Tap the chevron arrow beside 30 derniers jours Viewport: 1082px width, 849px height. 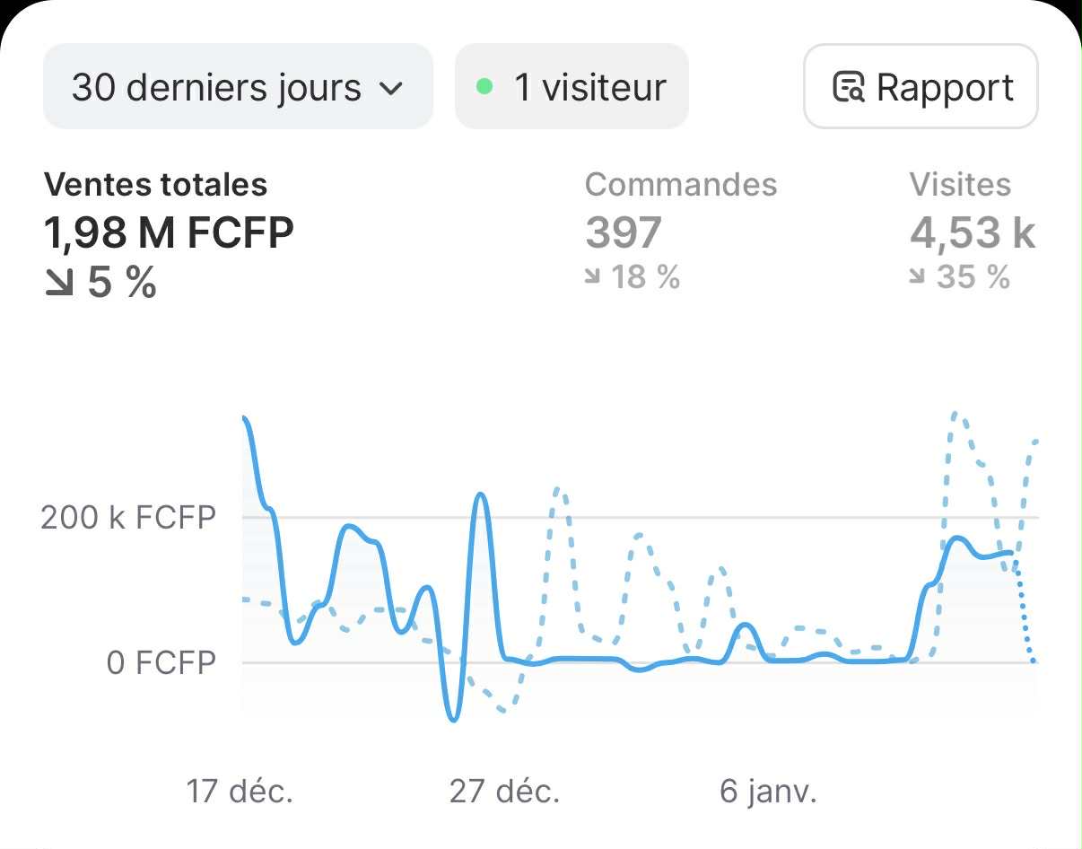(390, 89)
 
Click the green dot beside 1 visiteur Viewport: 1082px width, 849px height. (484, 87)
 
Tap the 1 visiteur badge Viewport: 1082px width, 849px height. (572, 87)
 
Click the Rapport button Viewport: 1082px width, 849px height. (921, 87)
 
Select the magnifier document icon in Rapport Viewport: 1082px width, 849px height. (849, 88)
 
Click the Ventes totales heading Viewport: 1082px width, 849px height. (155, 185)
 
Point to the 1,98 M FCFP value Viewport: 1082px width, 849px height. (169, 233)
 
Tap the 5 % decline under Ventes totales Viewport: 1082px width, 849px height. (100, 284)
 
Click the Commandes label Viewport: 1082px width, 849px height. (681, 185)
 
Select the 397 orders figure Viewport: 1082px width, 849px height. (624, 233)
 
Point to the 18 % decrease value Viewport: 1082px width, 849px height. (633, 277)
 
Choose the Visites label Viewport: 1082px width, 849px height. (960, 185)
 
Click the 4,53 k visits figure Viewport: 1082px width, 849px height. (973, 233)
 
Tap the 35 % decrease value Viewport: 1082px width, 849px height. (961, 277)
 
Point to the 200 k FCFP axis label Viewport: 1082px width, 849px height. (128, 518)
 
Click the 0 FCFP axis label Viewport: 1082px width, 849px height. (161, 663)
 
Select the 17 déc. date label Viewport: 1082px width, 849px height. (240, 792)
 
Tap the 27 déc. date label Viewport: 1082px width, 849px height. (504, 792)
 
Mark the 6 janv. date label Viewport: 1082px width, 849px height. (768, 792)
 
